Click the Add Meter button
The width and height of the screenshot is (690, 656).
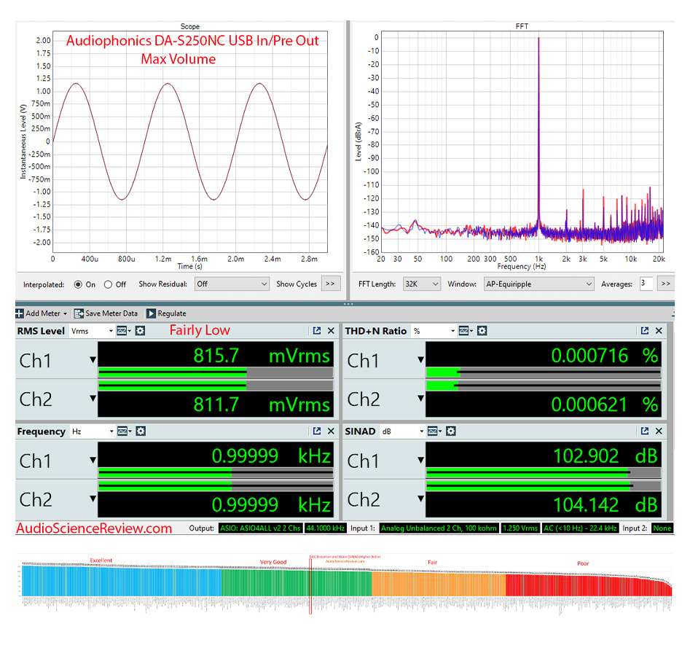coord(41,313)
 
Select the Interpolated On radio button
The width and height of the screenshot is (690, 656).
coord(78,284)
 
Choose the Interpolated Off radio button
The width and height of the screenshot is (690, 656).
coord(109,284)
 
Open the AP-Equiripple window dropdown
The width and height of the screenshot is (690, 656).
coord(538,284)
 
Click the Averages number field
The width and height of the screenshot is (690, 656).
coord(646,284)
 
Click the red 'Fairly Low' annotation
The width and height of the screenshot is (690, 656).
coord(200,331)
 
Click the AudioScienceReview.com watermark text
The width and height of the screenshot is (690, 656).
coord(94,528)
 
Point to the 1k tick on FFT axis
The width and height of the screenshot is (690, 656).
coord(538,259)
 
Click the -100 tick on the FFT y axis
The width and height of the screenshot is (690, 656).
coord(372,171)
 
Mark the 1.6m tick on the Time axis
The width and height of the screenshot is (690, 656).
coord(198,259)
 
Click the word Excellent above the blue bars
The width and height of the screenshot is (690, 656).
coord(101,561)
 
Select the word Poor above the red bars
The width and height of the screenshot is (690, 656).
coord(583,563)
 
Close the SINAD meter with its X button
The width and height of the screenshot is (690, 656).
coord(659,432)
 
